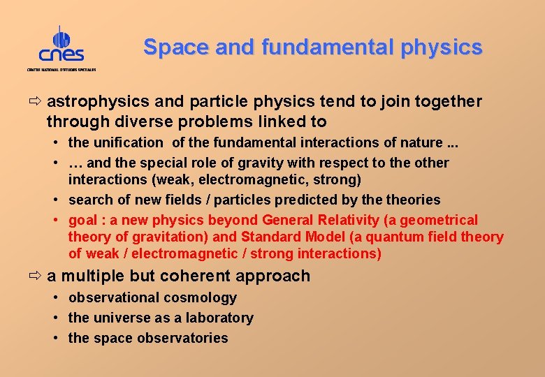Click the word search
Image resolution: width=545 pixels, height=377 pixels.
coord(91,200)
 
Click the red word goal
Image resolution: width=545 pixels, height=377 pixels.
coord(82,221)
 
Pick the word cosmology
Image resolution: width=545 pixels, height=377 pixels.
coord(202,298)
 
